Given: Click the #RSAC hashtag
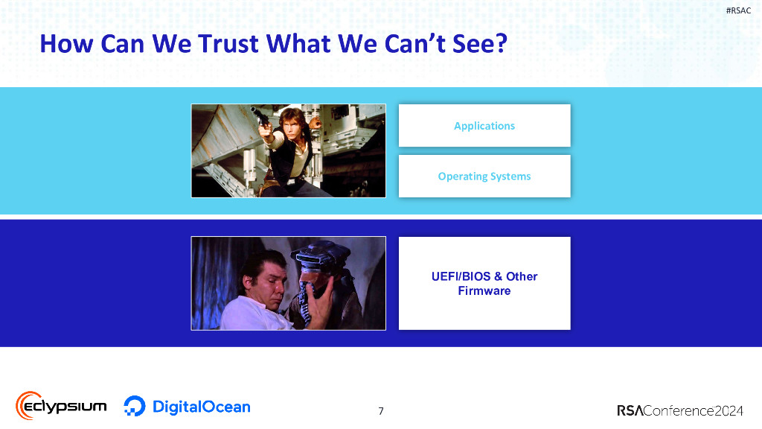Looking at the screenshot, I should click(x=738, y=10).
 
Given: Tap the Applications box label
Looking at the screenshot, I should click(x=484, y=126).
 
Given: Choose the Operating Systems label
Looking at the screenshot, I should click(x=484, y=177).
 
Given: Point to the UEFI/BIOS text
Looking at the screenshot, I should click(x=461, y=276).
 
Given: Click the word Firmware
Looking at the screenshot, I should click(x=484, y=290).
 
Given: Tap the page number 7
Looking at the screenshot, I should click(x=381, y=410).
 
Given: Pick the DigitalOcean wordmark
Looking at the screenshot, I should click(x=201, y=407).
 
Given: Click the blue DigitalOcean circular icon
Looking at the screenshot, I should click(x=135, y=406).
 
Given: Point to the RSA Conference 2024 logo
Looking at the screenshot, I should click(x=681, y=410).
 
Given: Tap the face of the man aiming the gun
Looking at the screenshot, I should click(x=286, y=120).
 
